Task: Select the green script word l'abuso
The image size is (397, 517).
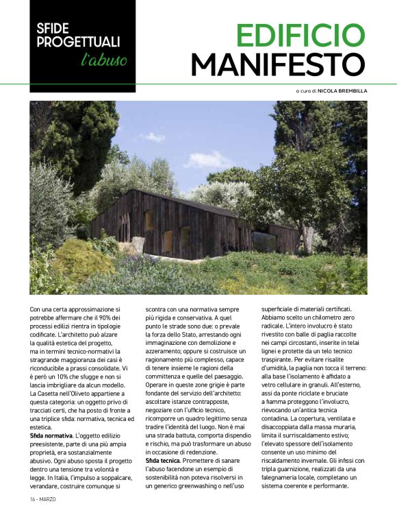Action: [103, 60]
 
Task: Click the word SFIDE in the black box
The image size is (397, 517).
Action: [55, 29]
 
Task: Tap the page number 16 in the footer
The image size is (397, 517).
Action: [34, 498]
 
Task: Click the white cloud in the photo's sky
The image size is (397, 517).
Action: [207, 161]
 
